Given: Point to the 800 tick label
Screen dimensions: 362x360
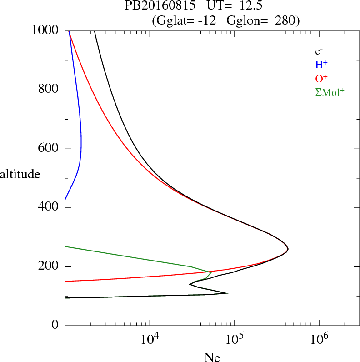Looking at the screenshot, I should coord(49,90).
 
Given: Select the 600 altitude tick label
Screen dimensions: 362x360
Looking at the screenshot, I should coord(49,149).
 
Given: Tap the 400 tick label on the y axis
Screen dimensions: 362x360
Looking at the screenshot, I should coord(49,208).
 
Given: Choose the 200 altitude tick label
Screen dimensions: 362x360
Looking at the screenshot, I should coord(49,266).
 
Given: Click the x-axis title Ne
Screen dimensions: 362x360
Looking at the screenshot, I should coord(212,357).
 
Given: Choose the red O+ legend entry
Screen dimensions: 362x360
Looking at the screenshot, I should coord(322,78).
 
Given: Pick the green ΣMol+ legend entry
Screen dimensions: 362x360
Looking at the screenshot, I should coord(330,92).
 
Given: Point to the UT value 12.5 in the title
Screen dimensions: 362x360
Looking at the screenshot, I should coord(249,6).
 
